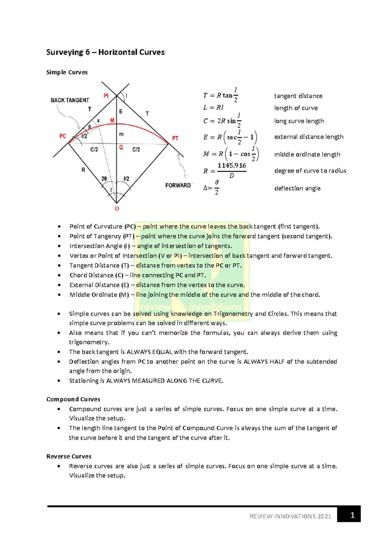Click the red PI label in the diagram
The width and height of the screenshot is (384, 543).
coord(106,95)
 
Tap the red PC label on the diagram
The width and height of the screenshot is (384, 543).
coord(63,136)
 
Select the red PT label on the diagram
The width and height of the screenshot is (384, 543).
coord(175,138)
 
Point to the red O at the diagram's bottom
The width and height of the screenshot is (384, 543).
coord(117,209)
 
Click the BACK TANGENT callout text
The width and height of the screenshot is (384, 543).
coord(70,100)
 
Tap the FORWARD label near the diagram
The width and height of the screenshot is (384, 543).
coord(178,185)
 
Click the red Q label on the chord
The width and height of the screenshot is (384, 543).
coord(121,148)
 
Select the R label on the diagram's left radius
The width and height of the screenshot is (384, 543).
coord(83,170)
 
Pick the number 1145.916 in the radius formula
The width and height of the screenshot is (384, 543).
coord(232,166)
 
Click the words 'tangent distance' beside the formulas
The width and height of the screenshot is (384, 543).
coord(298,96)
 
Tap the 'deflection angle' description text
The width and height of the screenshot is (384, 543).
coord(297,188)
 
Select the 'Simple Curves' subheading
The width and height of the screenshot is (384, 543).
coord(67,72)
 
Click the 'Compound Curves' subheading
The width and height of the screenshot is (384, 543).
coord(73,399)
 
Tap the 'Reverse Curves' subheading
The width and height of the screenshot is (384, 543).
coord(69,456)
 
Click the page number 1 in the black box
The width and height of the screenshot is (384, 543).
coord(352,515)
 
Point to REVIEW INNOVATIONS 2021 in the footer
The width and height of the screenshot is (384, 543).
coord(290,516)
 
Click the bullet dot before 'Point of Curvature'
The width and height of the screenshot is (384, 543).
coord(59,227)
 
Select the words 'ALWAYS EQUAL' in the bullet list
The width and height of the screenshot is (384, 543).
coord(145,352)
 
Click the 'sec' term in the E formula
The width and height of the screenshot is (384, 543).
coord(232,138)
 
